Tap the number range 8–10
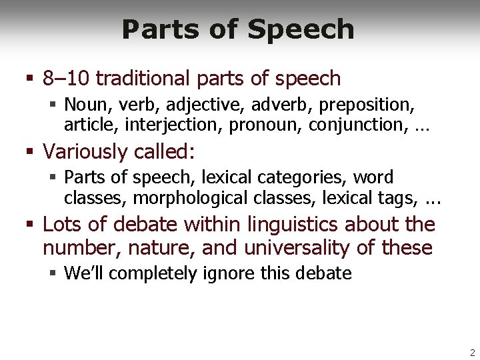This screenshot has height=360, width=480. tap(66, 79)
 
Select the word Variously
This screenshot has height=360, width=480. tap(85, 151)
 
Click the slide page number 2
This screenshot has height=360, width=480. tap(472, 353)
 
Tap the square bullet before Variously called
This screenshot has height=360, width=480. tap(29, 152)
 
